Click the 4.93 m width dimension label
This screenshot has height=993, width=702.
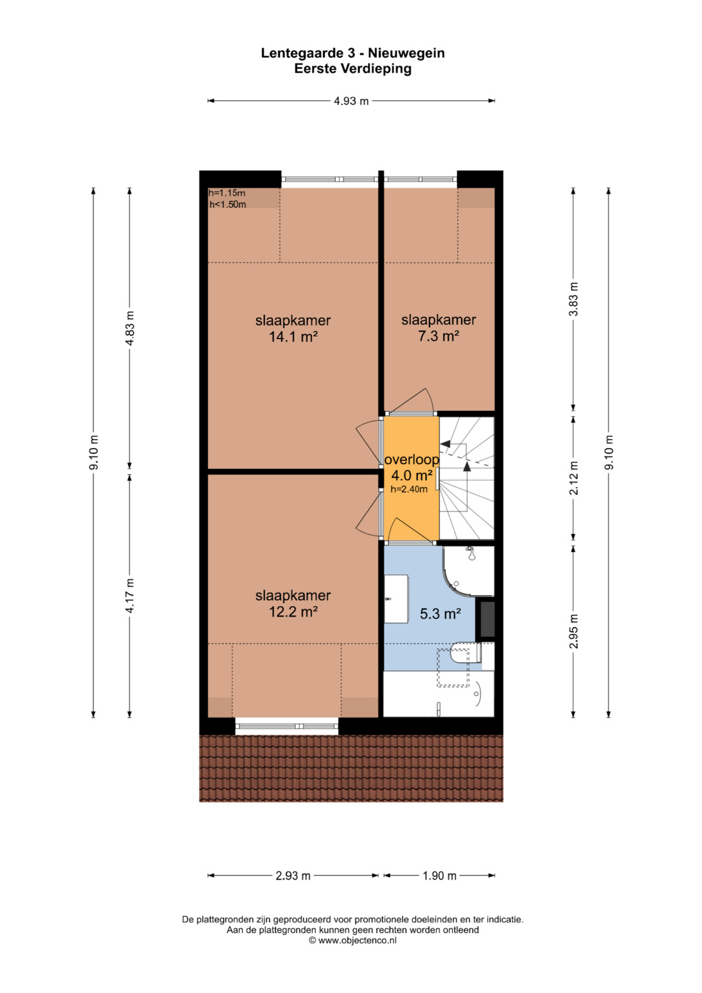click(351, 101)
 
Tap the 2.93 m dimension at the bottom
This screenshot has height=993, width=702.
click(293, 875)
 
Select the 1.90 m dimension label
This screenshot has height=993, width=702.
click(439, 875)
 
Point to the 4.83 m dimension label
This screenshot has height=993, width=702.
click(129, 328)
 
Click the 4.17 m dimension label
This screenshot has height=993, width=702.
click(129, 596)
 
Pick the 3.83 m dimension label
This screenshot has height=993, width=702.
click(573, 298)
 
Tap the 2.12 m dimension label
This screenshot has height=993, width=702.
click(573, 478)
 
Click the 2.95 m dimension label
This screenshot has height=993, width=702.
click(573, 631)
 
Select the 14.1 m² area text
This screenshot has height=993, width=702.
click(293, 337)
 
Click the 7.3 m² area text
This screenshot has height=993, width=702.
click(438, 336)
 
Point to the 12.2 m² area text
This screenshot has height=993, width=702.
click(293, 612)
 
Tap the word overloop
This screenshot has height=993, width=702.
click(411, 460)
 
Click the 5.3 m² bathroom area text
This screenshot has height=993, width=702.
click(440, 614)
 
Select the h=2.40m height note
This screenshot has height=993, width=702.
click(409, 490)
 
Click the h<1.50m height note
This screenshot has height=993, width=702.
click(227, 205)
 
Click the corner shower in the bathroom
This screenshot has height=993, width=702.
click(469, 570)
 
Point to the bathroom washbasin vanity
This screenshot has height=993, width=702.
click(396, 600)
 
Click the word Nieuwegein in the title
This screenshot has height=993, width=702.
click(406, 53)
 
